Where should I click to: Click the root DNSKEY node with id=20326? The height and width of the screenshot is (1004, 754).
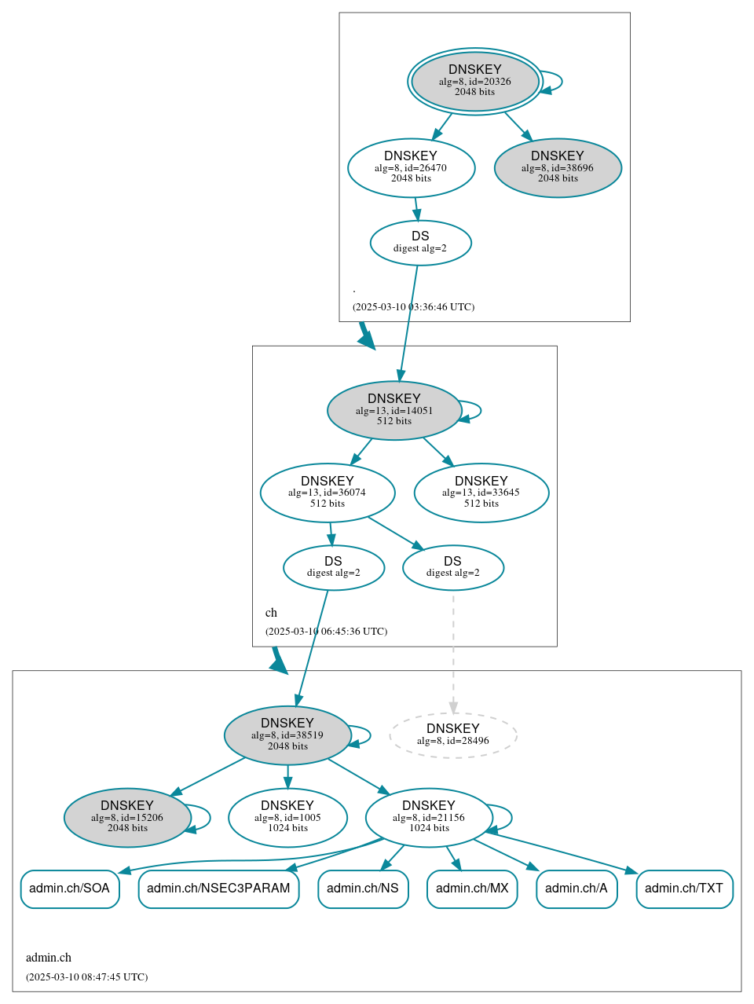474,81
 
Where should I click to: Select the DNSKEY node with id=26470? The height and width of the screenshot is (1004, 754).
411,167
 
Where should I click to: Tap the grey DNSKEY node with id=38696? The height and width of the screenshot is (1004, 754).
558,167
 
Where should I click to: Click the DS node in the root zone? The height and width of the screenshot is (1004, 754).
420,243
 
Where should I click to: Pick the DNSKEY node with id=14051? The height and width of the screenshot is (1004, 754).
393,410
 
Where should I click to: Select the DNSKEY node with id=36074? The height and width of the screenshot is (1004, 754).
327,493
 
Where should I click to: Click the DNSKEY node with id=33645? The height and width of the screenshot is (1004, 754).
481,493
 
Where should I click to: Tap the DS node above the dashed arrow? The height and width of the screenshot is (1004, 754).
452,567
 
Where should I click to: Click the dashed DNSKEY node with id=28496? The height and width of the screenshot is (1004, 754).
452,735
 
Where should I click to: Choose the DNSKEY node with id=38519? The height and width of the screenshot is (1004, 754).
287,735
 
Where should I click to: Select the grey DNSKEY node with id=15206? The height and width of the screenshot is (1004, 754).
127,818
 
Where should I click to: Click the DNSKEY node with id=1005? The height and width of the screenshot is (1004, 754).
287,818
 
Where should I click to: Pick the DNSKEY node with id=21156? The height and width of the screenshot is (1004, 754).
428,818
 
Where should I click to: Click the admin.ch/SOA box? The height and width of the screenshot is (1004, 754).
70,889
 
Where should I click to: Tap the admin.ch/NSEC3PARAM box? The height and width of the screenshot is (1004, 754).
218,889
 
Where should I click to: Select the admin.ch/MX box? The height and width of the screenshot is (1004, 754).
472,889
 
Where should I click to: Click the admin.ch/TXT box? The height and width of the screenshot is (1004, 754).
684,889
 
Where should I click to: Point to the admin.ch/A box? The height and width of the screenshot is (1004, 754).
576,889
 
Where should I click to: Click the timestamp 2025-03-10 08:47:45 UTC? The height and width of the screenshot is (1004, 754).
86,977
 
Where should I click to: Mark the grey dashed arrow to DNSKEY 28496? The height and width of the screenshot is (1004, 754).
453,652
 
